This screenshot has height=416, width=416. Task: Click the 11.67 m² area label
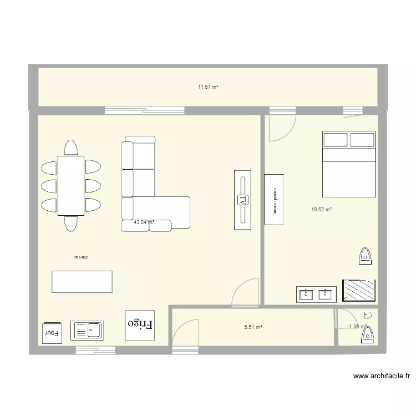tap(208, 87)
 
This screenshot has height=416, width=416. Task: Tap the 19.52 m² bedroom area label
tap(321, 210)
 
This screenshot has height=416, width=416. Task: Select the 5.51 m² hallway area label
tap(252, 327)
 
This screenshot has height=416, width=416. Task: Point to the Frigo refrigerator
tap(140, 324)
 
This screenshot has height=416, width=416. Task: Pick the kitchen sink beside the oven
tap(87, 331)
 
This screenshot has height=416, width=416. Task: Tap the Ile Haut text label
tap(80, 257)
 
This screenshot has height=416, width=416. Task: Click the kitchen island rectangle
tap(82, 281)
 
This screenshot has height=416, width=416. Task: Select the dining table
tap(71, 185)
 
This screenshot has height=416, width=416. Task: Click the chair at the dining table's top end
tap(71, 148)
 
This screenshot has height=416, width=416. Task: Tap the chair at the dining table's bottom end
tap(71, 223)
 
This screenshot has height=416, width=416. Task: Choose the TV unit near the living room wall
tap(242, 200)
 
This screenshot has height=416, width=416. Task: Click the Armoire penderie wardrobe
tap(274, 199)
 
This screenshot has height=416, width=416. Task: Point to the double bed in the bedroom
tap(349, 164)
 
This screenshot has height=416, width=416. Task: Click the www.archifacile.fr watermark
tap(381, 376)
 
